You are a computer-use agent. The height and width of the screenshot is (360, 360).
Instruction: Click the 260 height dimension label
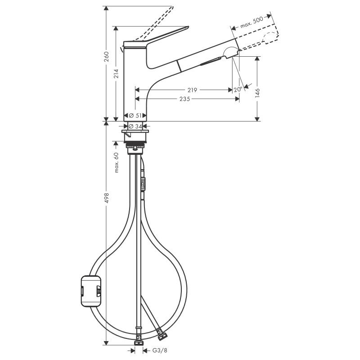(x=106, y=57)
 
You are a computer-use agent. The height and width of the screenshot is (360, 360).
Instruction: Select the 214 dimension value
(x=117, y=74)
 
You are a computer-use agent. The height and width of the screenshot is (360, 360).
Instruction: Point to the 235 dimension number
(x=186, y=99)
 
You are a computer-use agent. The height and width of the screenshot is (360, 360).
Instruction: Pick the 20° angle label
(x=238, y=90)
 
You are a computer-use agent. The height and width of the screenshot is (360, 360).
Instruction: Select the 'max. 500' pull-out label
(x=251, y=22)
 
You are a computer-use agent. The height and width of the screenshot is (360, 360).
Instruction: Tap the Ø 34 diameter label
(x=135, y=126)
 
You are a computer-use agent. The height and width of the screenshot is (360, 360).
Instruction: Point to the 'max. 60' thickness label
(x=117, y=162)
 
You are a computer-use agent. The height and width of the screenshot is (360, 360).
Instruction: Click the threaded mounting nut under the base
(x=135, y=146)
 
